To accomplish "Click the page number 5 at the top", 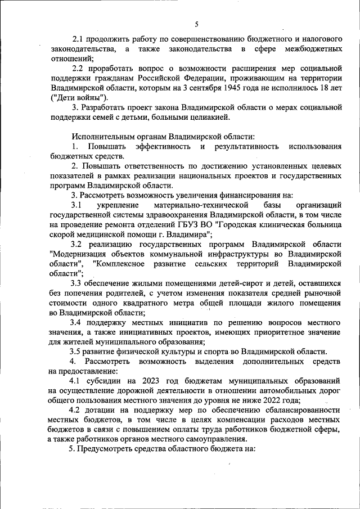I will [x=196, y=24].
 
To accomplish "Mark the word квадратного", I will [x=141, y=303].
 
